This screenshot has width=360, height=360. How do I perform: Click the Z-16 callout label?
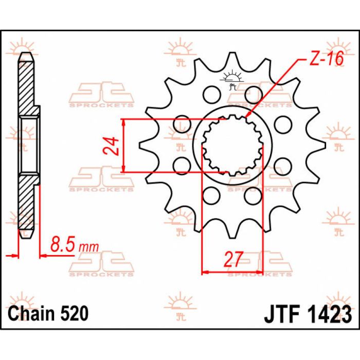coord(326,60)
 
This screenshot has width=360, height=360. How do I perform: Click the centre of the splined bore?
coord(232,146)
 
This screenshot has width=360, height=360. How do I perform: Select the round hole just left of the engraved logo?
coord(209,94)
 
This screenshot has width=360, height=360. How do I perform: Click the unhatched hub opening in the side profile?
coord(29,146)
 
